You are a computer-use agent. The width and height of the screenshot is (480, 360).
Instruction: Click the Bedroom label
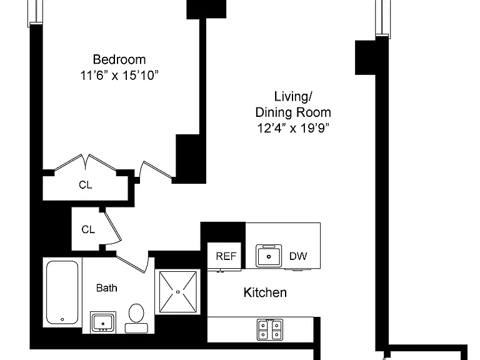[x=119, y=59]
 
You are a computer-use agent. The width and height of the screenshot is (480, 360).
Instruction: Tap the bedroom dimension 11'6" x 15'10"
[x=119, y=75]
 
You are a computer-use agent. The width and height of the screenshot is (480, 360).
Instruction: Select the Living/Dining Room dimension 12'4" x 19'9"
[x=293, y=128]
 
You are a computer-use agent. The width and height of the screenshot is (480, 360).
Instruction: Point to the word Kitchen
[x=265, y=292]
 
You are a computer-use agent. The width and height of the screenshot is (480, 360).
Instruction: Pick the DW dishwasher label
[x=298, y=256]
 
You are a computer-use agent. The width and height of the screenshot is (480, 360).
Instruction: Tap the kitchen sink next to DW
[x=269, y=256]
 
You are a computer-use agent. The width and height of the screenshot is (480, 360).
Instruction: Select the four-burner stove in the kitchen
[x=270, y=330]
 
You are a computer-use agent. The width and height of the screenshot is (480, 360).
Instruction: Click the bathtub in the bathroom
[x=62, y=292]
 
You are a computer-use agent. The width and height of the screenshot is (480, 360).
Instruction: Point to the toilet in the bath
[x=136, y=317]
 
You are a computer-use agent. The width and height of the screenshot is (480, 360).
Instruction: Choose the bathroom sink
[x=103, y=322]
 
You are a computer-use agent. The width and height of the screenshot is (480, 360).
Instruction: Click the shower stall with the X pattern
[x=178, y=292]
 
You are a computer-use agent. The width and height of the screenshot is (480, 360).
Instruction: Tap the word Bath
[x=106, y=288]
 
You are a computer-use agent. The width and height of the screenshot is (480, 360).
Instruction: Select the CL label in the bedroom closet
[x=86, y=185]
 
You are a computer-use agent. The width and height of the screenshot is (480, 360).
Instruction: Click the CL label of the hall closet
[x=88, y=229]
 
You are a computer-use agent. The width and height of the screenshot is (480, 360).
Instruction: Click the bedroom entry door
[x=156, y=170]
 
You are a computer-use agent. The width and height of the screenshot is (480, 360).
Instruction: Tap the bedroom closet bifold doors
[x=86, y=162]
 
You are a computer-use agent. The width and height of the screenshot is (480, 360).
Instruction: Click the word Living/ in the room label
[x=293, y=97]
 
